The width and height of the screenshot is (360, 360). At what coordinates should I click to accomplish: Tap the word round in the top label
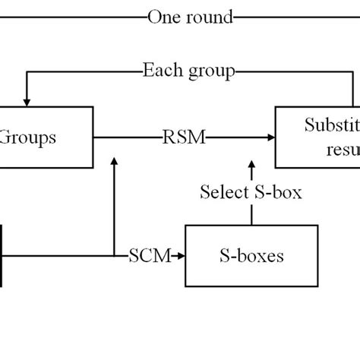[x=207, y=16]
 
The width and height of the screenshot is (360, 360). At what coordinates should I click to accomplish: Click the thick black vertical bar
[x=2, y=256]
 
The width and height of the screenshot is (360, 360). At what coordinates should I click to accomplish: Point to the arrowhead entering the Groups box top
[x=27, y=101]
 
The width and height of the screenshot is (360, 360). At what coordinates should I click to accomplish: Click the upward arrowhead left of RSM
[x=113, y=162]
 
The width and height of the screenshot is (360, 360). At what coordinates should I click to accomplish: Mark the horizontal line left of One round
[x=68, y=15]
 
